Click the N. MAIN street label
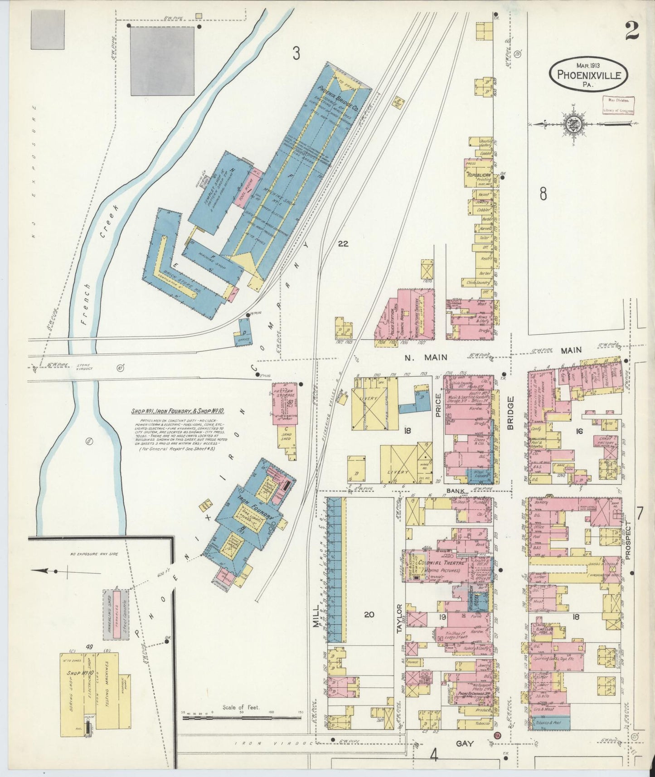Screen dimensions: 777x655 click(426, 357)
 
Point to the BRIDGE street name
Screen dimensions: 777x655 click(510, 413)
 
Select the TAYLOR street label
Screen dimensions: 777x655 click(400, 619)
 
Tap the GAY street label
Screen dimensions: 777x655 click(465, 743)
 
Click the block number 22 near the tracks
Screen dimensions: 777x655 click(343, 244)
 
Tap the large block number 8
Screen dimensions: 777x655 click(543, 194)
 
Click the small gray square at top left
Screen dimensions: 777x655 click(48, 30)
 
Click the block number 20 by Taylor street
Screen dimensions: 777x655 click(369, 614)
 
